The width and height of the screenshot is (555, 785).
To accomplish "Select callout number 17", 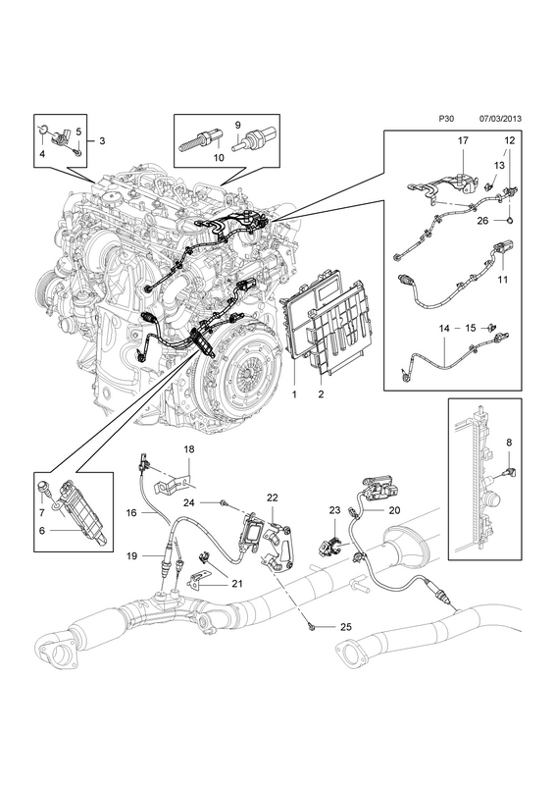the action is point(463,141).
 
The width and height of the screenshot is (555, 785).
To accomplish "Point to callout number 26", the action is point(482,220).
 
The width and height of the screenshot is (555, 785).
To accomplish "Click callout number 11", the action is point(503,279).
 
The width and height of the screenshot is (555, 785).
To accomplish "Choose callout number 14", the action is point(444,329).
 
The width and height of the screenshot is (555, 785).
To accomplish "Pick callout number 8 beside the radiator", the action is point(509,443).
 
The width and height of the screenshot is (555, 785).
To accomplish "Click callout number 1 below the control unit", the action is point(294,394).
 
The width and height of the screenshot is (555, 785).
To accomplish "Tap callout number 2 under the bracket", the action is point(321,394).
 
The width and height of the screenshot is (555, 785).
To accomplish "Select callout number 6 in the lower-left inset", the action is point(42,530).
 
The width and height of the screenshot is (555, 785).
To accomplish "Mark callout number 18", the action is point(188,449).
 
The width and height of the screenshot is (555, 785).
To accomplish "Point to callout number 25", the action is point(346,626).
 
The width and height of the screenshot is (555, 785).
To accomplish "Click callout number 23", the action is point(334,510).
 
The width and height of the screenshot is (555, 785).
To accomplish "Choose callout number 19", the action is point(131,555).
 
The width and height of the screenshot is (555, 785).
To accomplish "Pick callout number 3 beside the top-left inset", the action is point(102,141).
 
